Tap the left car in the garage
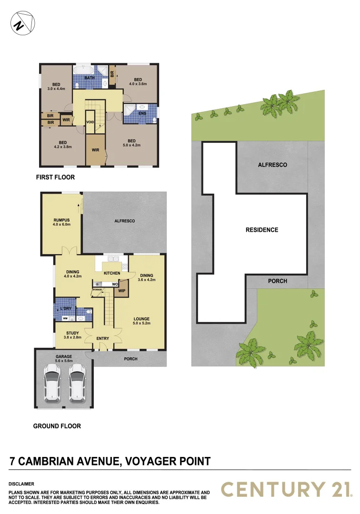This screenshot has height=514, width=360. click(x=52, y=384)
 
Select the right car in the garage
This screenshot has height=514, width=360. click(x=77, y=384)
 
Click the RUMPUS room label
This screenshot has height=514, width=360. click(x=62, y=220)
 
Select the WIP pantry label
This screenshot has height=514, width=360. click(x=121, y=291)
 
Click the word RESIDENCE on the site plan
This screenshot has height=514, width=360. click(x=262, y=230)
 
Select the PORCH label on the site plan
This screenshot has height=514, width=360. click(x=278, y=281)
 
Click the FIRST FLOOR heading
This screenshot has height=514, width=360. click(x=55, y=178)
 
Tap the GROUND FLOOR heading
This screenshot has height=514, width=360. click(x=57, y=426)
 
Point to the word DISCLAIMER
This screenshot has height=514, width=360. click(x=21, y=484)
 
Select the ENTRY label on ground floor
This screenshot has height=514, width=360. click(x=102, y=338)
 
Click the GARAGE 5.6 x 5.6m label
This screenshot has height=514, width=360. click(x=63, y=357)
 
